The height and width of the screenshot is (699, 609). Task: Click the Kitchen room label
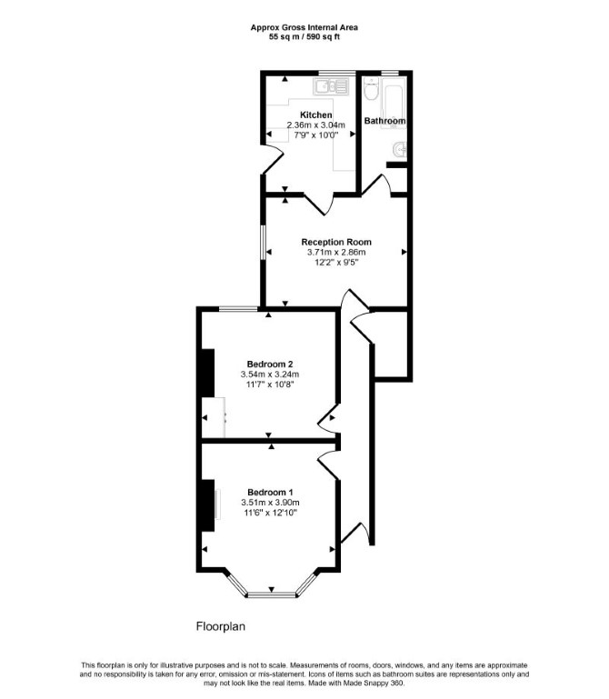315,115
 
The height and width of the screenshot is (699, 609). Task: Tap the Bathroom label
384,121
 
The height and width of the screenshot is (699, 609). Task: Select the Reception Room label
336,242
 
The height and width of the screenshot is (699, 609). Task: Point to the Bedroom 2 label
270,364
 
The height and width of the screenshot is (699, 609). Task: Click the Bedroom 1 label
270,492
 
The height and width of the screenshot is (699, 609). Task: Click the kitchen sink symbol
330,86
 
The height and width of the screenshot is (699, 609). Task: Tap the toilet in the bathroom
371,88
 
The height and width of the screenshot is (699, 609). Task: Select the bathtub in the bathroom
394,103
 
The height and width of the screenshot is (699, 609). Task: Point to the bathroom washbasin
400,150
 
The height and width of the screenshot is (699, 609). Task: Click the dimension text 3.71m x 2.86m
336,253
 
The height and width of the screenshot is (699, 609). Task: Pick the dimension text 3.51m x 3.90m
270,503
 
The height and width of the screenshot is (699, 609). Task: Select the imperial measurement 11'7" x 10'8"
270,384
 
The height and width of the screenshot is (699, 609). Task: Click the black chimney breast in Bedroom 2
207,373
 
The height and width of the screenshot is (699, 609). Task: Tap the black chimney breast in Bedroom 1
207,505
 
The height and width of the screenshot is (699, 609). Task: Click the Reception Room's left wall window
263,242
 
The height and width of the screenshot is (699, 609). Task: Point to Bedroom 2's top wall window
238,308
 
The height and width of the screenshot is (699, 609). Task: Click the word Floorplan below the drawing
221,626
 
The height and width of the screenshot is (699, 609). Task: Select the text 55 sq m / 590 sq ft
304,37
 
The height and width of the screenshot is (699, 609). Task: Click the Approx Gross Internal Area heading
304,27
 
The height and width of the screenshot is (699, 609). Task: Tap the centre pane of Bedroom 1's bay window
272,594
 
